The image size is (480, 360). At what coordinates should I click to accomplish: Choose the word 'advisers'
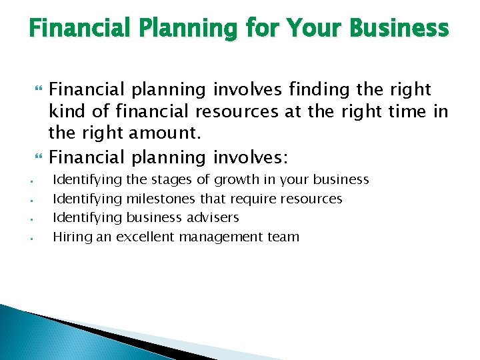coord(211,217)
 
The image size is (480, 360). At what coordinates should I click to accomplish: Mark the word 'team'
coord(285,237)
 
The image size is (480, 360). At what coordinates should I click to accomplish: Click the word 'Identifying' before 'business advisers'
coord(86,217)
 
